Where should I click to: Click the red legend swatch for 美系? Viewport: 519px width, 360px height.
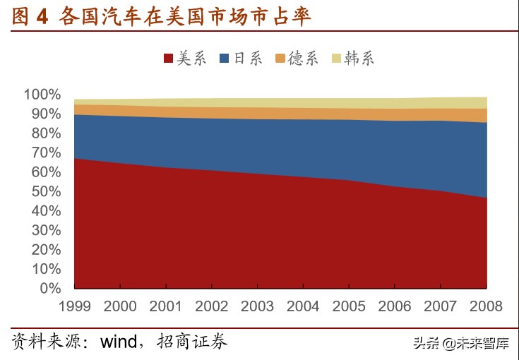168,59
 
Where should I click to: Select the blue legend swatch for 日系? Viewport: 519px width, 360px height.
225,59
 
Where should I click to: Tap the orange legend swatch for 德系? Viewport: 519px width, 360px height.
280,59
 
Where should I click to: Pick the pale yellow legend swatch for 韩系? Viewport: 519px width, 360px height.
336,59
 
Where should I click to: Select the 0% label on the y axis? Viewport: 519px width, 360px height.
50,288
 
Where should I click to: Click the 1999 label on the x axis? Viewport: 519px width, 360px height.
74,306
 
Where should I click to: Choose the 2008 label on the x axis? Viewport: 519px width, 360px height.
485,306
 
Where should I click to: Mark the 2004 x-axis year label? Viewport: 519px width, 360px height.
302,306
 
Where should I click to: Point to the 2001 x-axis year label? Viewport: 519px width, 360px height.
165,306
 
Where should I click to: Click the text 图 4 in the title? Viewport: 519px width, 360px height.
30,17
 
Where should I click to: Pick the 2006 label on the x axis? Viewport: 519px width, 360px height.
394,306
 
